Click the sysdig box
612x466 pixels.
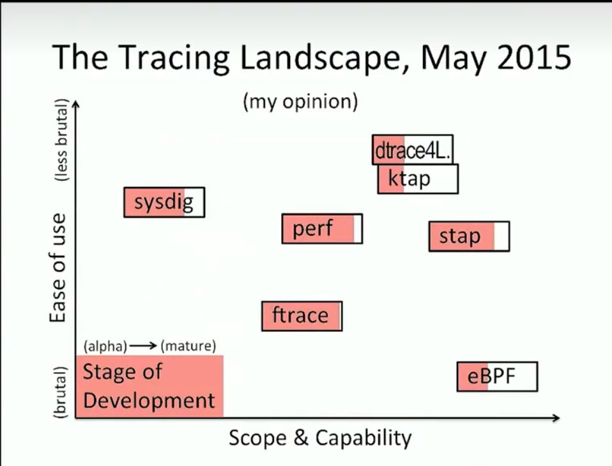coord(164,202)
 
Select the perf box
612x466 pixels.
coord(322,229)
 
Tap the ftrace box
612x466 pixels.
coord(302,316)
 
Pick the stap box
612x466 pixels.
coord(469,236)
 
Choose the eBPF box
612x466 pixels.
coord(497,377)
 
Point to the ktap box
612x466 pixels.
coord(418,179)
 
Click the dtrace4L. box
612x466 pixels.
coord(413,150)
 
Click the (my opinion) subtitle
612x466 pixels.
coord(300,101)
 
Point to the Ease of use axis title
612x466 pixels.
coord(57,267)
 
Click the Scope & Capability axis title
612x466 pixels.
coord(320,438)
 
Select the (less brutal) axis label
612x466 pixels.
coord(61,140)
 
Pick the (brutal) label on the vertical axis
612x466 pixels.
coord(60,393)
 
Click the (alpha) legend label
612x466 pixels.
coord(105,346)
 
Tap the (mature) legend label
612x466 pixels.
coord(188,346)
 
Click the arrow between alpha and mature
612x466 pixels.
coord(143,345)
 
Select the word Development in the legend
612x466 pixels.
coord(149,400)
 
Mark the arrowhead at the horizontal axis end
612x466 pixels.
coord(557,417)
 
